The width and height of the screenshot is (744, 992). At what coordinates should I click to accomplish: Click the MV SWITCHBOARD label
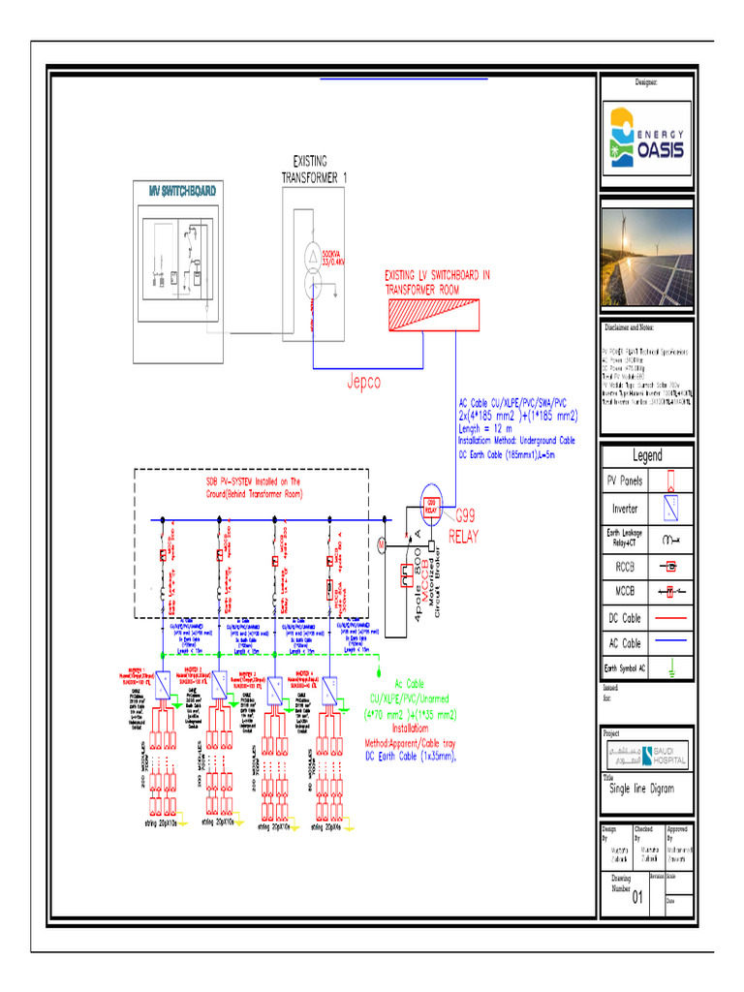[182, 191]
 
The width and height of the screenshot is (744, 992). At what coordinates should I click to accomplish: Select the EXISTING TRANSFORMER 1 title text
[313, 170]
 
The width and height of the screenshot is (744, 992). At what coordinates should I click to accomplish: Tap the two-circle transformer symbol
[313, 270]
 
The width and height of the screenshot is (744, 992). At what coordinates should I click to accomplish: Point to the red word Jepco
[364, 382]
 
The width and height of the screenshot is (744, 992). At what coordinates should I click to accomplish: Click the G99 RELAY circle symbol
[431, 505]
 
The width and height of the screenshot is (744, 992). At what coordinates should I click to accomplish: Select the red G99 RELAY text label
[461, 527]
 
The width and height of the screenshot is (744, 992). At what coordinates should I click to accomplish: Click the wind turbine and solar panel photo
[647, 260]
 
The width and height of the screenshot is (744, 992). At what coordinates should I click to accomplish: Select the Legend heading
[647, 455]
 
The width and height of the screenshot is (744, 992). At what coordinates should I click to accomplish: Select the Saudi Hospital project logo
[647, 755]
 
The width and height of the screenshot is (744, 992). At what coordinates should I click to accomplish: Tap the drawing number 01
[637, 897]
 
